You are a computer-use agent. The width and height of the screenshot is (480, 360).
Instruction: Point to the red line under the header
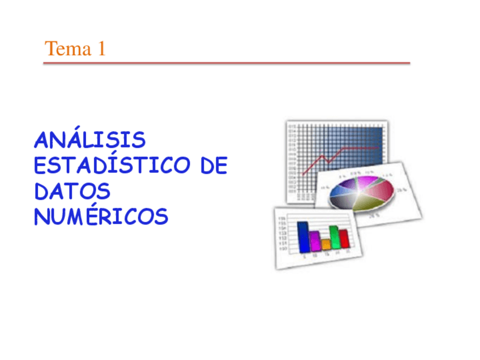(x=226, y=63)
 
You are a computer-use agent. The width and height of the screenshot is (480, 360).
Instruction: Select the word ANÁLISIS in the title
(x=89, y=140)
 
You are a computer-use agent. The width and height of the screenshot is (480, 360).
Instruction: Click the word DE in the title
(x=214, y=166)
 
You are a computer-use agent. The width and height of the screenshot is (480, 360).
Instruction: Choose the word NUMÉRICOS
(x=101, y=217)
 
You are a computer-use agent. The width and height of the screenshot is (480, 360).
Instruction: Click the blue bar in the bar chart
(x=303, y=237)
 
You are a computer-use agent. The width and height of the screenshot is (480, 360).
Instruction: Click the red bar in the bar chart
(x=343, y=239)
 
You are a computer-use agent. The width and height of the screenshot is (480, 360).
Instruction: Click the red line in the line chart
(x=340, y=151)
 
